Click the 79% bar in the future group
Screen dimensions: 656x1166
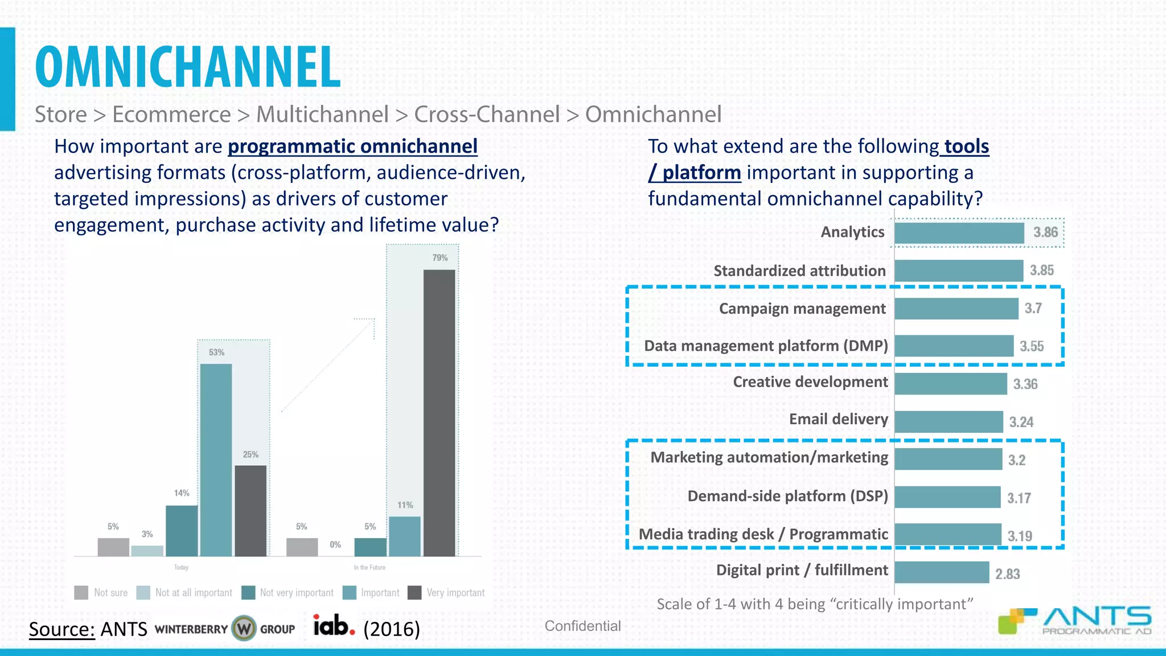pyautogui.click(x=439, y=413)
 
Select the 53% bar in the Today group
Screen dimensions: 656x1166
pyautogui.click(x=216, y=460)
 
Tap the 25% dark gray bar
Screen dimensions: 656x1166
pyautogui.click(x=251, y=510)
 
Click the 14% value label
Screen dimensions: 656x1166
pyautogui.click(x=182, y=493)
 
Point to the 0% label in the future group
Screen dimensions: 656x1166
pyautogui.click(x=335, y=545)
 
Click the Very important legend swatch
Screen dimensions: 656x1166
pyautogui.click(x=414, y=593)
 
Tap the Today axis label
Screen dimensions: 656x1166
pyautogui.click(x=181, y=568)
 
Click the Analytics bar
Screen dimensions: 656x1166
pyautogui.click(x=959, y=233)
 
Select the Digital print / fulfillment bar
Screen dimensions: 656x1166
pyautogui.click(x=941, y=572)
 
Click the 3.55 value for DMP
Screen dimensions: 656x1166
pyautogui.click(x=1032, y=346)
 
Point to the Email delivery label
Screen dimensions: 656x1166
pyautogui.click(x=838, y=420)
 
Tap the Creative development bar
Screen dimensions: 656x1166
pyautogui.click(x=950, y=384)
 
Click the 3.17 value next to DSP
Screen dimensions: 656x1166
pyautogui.click(x=1019, y=498)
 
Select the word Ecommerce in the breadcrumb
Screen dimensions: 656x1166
pyautogui.click(x=171, y=114)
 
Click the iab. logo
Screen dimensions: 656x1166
pyautogui.click(x=334, y=626)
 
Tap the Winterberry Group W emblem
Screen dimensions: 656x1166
pyautogui.click(x=244, y=629)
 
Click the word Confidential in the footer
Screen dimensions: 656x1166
pyautogui.click(x=582, y=626)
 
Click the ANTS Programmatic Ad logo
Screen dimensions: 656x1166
pyautogui.click(x=1075, y=621)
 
